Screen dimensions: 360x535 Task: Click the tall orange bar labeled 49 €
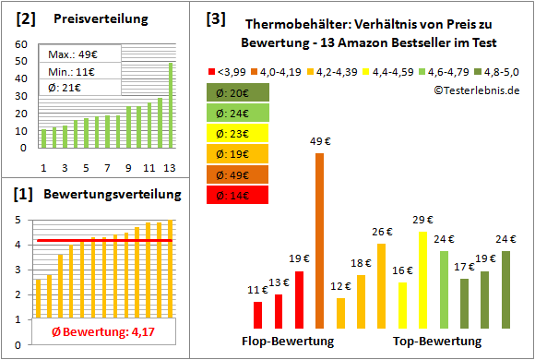click(x=320, y=240)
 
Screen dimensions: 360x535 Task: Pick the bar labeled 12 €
click(x=340, y=313)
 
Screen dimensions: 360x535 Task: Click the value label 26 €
click(x=382, y=232)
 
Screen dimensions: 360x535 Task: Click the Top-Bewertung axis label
click(x=437, y=342)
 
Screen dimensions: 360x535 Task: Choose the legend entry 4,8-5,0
click(x=500, y=70)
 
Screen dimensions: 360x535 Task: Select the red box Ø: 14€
click(x=238, y=195)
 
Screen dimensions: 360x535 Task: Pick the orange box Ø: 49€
click(x=238, y=174)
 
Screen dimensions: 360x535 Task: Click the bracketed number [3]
click(x=215, y=18)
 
